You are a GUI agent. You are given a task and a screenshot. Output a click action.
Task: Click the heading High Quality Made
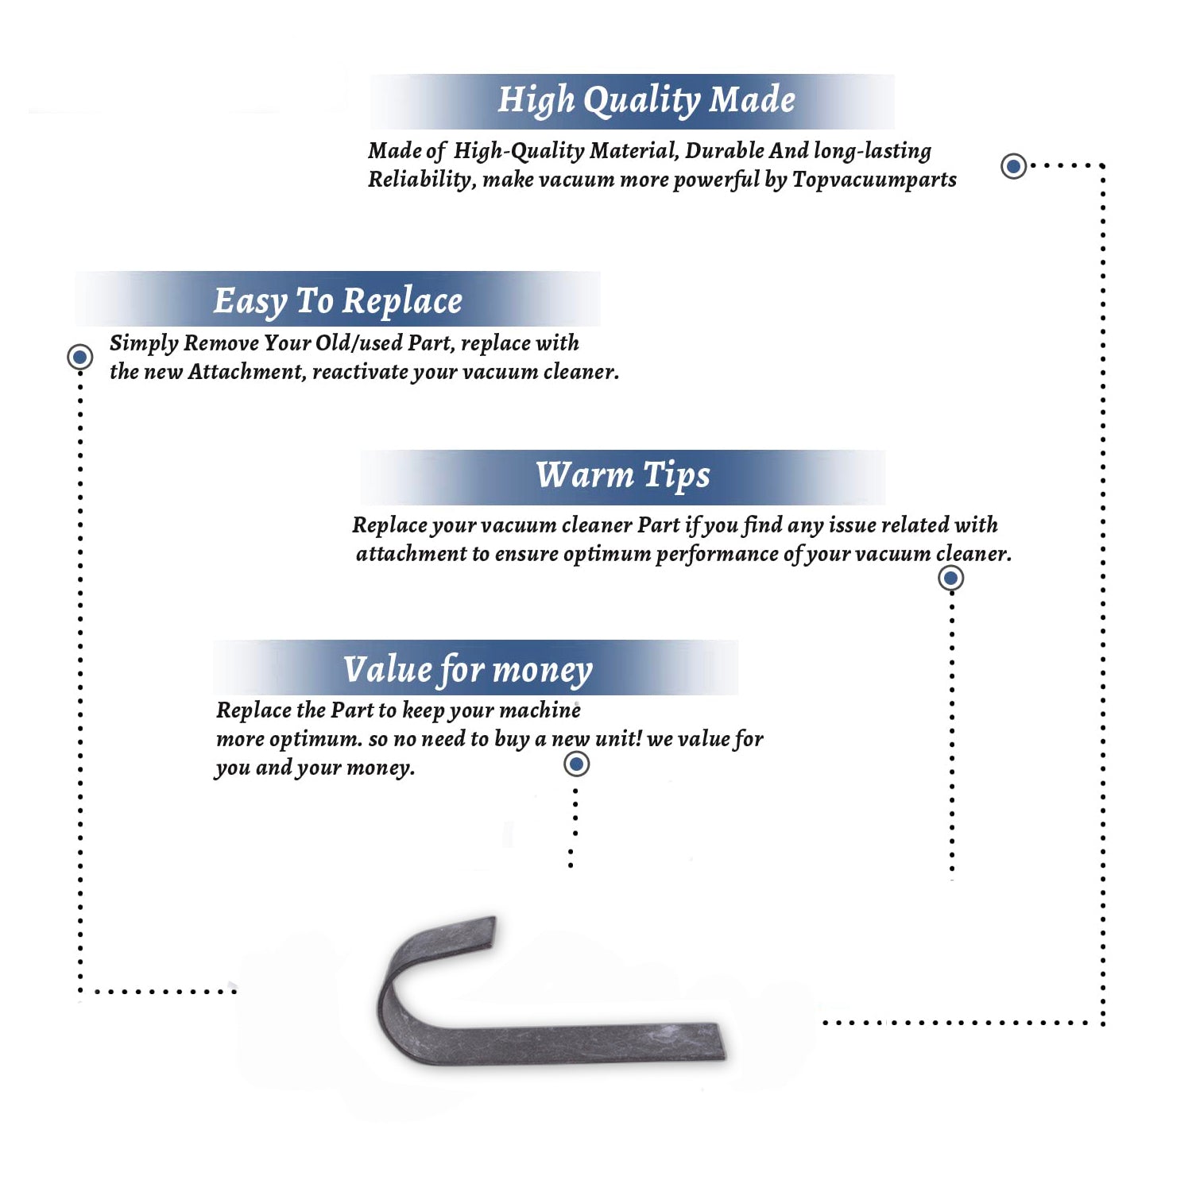click(x=646, y=101)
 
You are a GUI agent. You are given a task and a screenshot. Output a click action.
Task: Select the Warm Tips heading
click(x=623, y=476)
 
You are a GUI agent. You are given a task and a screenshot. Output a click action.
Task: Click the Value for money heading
click(x=468, y=670)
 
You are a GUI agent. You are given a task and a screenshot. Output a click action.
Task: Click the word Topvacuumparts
click(x=874, y=180)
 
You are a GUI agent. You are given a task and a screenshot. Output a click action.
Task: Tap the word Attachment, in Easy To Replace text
click(x=247, y=372)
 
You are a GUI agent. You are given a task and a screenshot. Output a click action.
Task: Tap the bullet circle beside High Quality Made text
click(x=1013, y=166)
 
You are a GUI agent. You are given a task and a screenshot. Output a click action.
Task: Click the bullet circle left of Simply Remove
click(x=79, y=357)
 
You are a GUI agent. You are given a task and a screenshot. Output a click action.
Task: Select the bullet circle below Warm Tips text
click(x=951, y=578)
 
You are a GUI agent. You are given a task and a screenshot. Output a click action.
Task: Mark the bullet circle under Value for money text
click(x=576, y=764)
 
